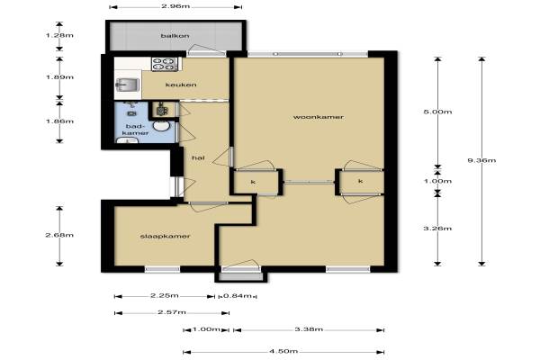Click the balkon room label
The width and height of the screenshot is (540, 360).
175,36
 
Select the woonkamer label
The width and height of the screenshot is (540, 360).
319,117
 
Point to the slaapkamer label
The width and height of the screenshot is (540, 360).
166,237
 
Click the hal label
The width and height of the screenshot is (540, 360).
198,157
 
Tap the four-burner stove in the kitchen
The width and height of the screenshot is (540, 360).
165,64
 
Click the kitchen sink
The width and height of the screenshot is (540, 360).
128,85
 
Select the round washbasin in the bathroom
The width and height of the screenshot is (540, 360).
161,126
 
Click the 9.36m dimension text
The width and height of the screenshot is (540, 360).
481,160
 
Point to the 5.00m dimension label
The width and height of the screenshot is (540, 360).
437,112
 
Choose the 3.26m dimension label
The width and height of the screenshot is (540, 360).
437,229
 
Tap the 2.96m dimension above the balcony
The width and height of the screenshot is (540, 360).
175,6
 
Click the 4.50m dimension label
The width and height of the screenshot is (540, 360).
283,351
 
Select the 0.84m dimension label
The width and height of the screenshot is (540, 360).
238,295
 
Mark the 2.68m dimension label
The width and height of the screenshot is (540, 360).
59,235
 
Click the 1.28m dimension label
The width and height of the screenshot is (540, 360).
59,35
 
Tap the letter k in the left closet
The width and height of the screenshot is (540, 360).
253,182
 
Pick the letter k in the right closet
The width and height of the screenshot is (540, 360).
361,181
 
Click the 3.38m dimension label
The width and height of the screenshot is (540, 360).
309,329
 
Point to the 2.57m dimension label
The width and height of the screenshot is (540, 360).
172,312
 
